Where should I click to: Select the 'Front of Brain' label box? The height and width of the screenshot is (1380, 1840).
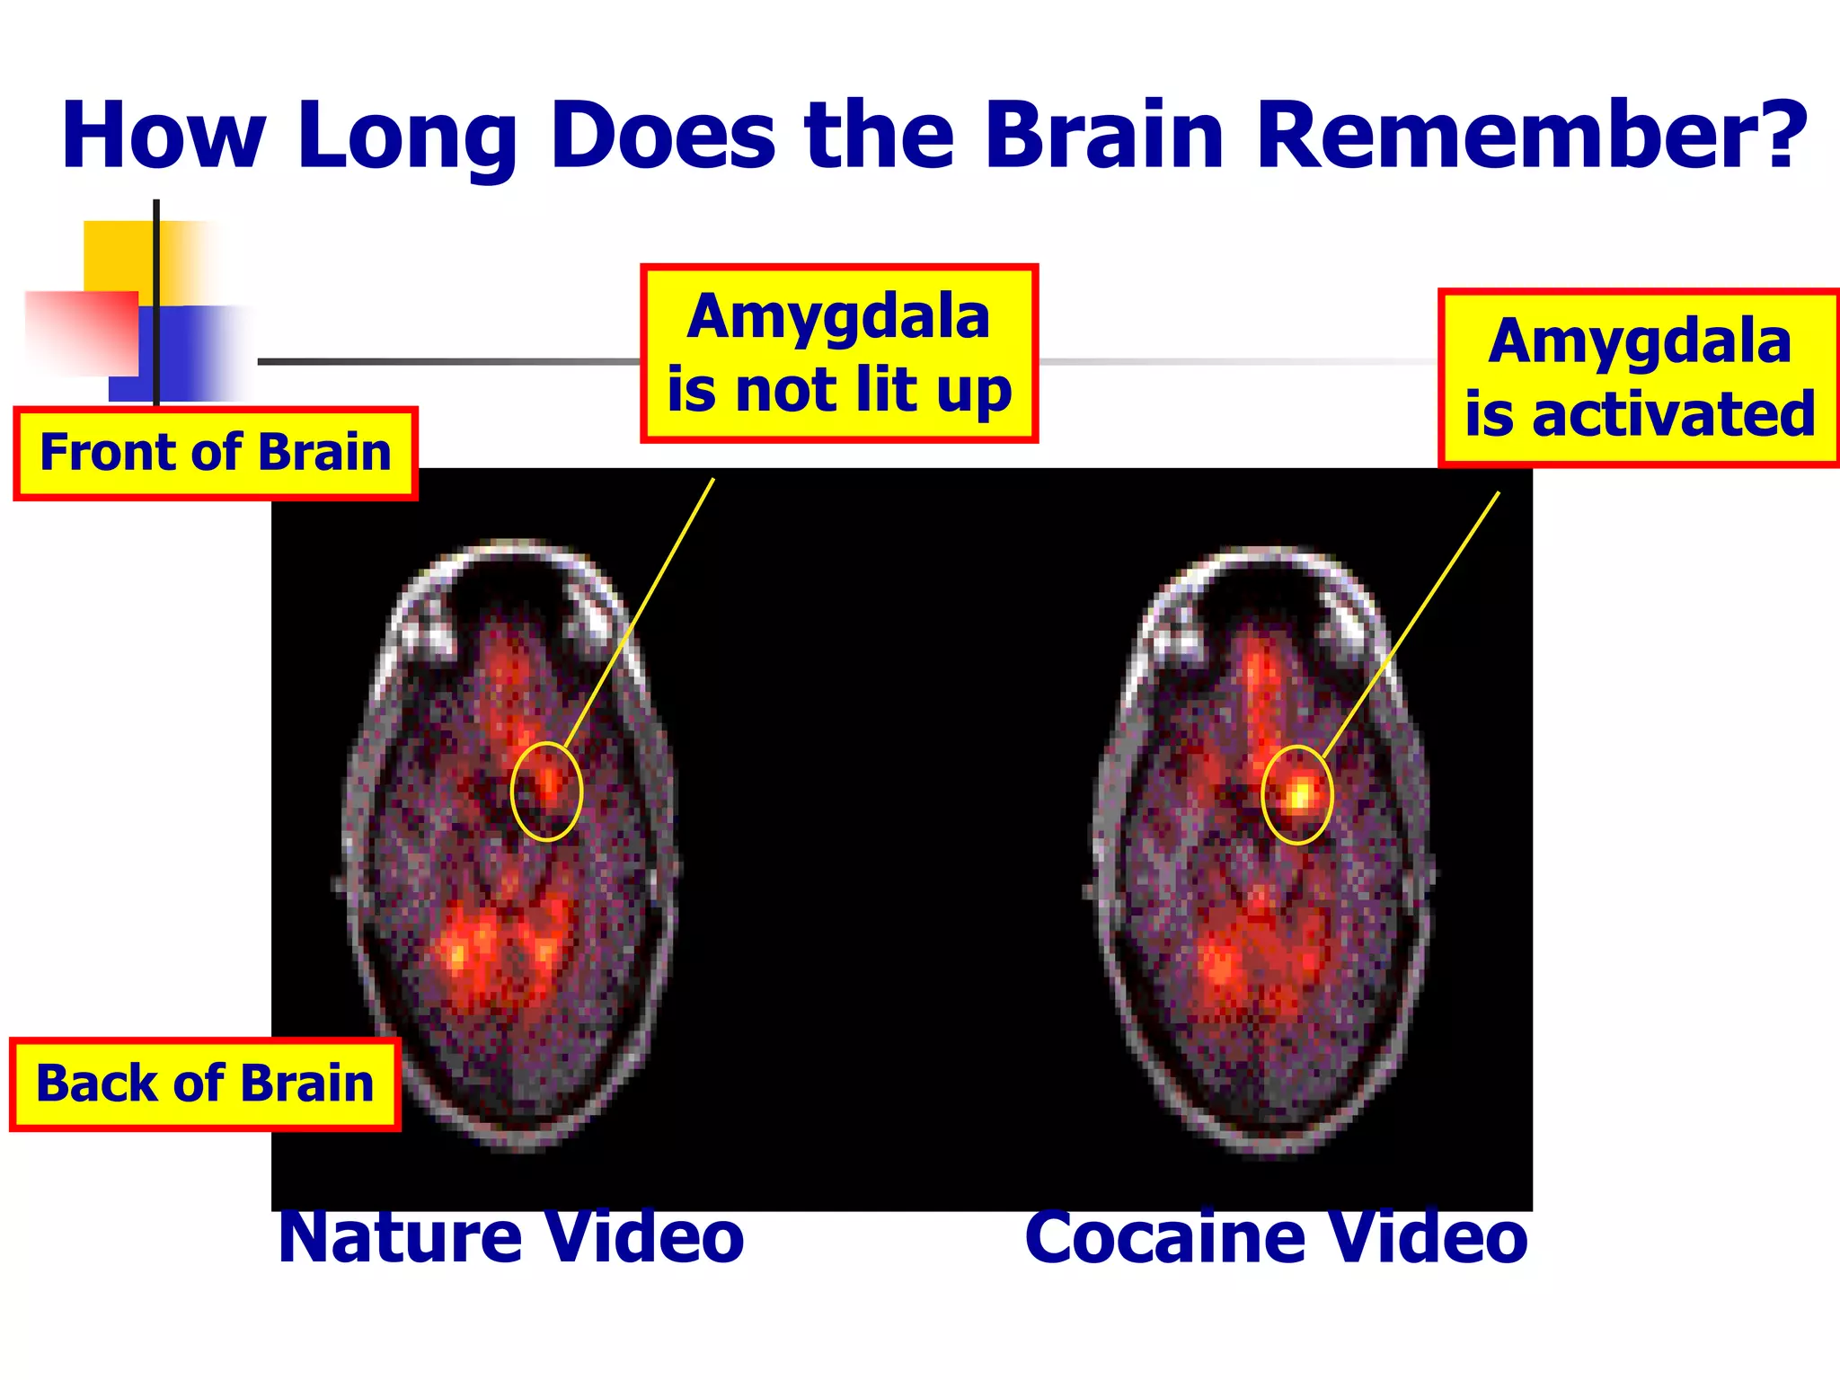point(216,453)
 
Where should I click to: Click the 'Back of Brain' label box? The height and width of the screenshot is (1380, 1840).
point(205,1084)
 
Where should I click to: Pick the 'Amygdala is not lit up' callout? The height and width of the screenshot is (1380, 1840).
point(839,353)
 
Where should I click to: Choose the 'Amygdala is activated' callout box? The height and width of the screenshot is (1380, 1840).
point(1639,377)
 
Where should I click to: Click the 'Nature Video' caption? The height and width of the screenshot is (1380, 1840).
point(511,1238)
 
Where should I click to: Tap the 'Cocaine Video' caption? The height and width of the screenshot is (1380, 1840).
point(1276,1238)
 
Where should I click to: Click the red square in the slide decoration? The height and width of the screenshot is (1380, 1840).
point(81,332)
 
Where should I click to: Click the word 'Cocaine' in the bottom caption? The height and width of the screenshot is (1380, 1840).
point(1166,1238)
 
